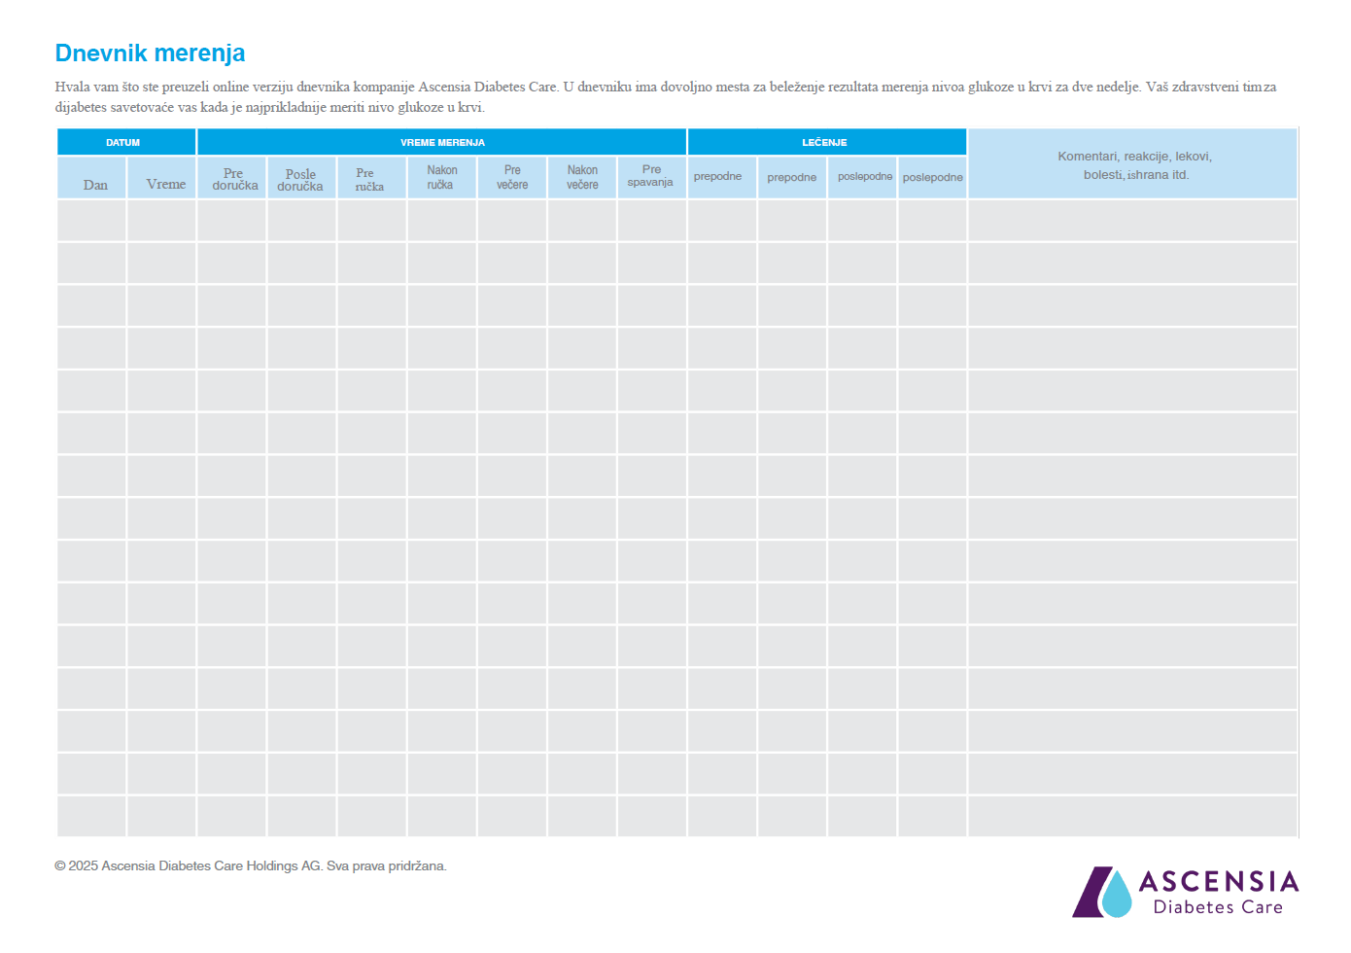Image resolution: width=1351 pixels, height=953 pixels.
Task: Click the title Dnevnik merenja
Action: click(150, 53)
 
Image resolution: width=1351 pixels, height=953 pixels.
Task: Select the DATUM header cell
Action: click(123, 142)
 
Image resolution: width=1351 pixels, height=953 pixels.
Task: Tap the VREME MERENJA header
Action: click(442, 142)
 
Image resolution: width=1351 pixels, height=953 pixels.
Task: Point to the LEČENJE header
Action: click(824, 142)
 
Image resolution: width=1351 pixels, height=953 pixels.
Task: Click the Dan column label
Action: click(95, 185)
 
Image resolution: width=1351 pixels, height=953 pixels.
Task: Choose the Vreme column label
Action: click(165, 184)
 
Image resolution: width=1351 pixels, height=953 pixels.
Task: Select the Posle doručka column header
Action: click(300, 180)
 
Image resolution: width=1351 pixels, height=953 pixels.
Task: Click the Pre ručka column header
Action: click(369, 180)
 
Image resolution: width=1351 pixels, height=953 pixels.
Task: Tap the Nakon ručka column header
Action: click(441, 177)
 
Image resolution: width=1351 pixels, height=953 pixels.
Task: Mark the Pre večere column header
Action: click(512, 177)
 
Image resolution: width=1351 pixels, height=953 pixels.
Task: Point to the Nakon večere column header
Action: click(582, 177)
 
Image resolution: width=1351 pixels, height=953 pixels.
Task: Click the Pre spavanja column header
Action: click(651, 176)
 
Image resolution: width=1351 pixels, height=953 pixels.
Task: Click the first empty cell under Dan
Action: click(91, 221)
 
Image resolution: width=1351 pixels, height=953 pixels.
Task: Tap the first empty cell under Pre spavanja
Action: click(651, 221)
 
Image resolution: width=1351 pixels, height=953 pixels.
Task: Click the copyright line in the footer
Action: click(251, 865)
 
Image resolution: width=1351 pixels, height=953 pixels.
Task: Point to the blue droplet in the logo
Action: click(1118, 896)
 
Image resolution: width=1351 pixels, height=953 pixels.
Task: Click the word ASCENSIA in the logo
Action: click(1218, 882)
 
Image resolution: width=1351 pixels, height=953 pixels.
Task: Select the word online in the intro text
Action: click(231, 87)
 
